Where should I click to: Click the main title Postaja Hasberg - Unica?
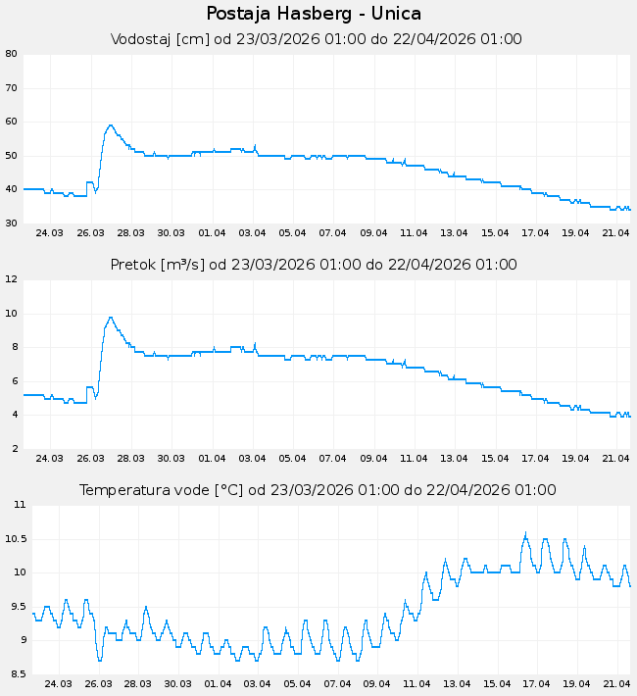click(315, 14)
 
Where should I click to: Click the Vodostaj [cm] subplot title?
click(316, 40)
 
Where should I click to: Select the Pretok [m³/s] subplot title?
click(314, 266)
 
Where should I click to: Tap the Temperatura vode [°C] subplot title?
click(318, 490)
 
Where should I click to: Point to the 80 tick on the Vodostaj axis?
click(12, 54)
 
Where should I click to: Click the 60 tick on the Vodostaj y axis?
click(12, 122)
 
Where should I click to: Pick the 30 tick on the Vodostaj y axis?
click(12, 224)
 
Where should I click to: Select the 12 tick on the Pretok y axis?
click(12, 279)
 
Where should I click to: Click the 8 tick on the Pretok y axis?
click(12, 347)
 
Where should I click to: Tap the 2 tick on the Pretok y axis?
click(12, 449)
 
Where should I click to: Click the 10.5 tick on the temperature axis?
click(17, 539)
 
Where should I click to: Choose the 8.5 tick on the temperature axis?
click(17, 674)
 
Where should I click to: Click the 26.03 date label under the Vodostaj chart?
click(90, 233)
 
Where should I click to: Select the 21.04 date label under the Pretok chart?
click(615, 459)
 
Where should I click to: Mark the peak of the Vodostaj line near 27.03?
click(111, 124)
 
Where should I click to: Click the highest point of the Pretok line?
click(111, 317)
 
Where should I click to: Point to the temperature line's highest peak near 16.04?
click(525, 534)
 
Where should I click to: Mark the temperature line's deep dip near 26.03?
click(100, 660)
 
